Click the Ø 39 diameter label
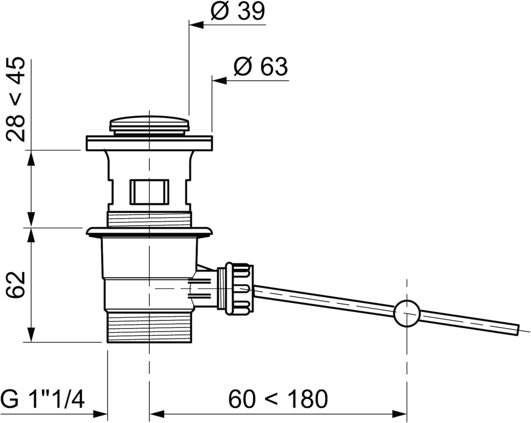tap(238, 11)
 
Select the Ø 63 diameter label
tap(261, 66)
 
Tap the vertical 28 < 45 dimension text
tap(16, 99)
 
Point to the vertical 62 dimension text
tap(16, 285)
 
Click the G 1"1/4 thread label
tap(43, 399)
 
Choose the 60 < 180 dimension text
tap(278, 399)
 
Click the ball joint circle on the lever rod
tap(407, 313)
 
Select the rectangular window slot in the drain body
tap(149, 192)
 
